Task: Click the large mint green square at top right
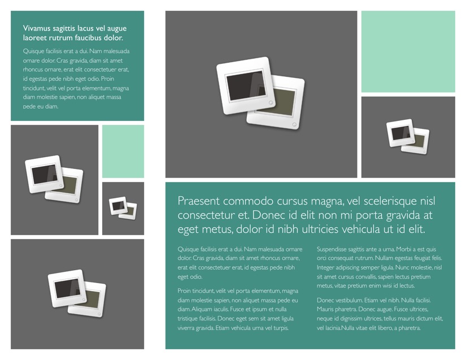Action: click(x=408, y=51)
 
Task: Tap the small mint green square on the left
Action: click(x=123, y=151)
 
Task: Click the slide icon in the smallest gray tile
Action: click(x=123, y=208)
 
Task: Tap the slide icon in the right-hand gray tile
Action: click(x=408, y=136)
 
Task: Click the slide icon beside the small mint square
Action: click(x=54, y=179)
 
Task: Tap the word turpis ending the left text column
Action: click(x=280, y=328)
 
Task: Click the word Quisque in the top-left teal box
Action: click(x=33, y=51)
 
